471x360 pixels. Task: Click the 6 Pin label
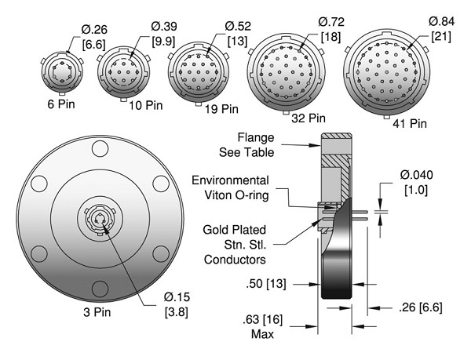[x=61, y=104]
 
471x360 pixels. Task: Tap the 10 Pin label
[x=146, y=105]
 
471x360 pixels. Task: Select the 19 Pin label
[x=221, y=109]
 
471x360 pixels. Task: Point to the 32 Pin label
[x=309, y=118]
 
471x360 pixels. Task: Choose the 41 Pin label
[x=410, y=123]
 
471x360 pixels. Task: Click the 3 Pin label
[x=97, y=312]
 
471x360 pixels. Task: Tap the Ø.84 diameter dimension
[x=441, y=29]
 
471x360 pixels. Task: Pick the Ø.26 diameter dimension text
[x=94, y=37]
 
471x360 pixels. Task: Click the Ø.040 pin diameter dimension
[x=416, y=182]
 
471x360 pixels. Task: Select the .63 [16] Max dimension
[x=263, y=327]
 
